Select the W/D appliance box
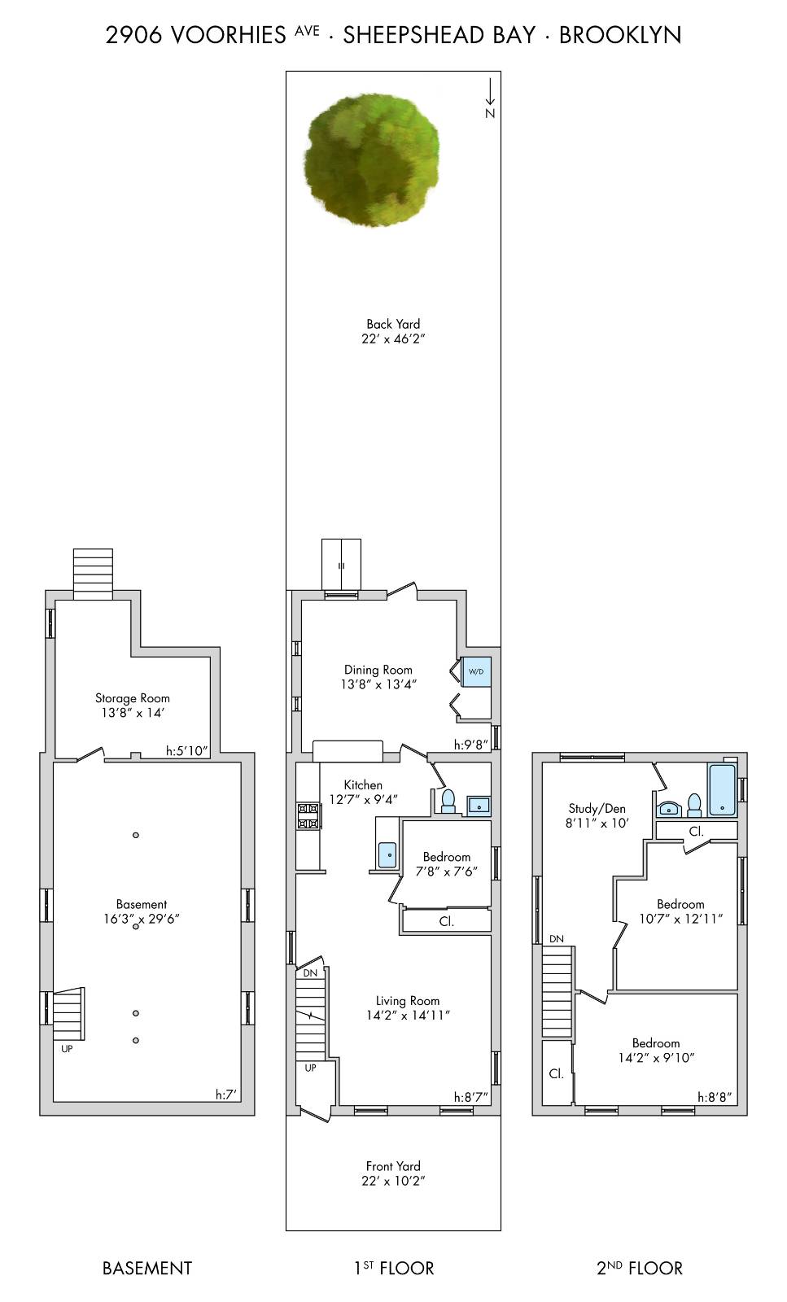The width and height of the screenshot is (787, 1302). [x=476, y=672]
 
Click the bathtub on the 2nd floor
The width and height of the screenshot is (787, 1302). [x=722, y=789]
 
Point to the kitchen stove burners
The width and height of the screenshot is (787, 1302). [x=308, y=816]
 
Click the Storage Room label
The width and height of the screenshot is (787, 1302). [x=133, y=698]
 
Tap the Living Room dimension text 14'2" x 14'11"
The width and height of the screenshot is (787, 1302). [x=408, y=1016]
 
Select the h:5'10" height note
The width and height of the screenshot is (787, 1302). [x=187, y=751]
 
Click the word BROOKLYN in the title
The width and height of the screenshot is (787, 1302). [x=620, y=35]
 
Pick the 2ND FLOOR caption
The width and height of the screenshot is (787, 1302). [x=640, y=1268]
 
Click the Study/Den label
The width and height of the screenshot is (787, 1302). [x=597, y=809]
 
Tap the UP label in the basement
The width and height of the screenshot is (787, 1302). [x=67, y=1049]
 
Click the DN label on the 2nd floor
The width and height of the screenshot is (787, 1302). [x=556, y=939]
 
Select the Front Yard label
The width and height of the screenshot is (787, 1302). [x=393, y=1166]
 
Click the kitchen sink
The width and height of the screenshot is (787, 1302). [x=387, y=854]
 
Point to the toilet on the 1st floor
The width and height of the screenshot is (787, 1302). [x=448, y=801]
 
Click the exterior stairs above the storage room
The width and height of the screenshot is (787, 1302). [x=93, y=574]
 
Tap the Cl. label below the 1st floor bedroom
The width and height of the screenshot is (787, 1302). [x=446, y=921]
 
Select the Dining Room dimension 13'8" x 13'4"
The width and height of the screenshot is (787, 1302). [x=378, y=685]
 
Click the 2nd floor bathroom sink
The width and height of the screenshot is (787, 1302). [x=669, y=808]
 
